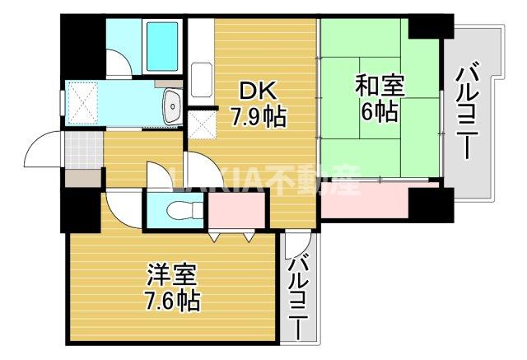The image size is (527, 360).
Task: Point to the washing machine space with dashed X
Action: coord(83,101)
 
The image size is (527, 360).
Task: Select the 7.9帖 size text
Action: coord(257,116)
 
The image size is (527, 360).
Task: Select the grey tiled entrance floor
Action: coord(82,150)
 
